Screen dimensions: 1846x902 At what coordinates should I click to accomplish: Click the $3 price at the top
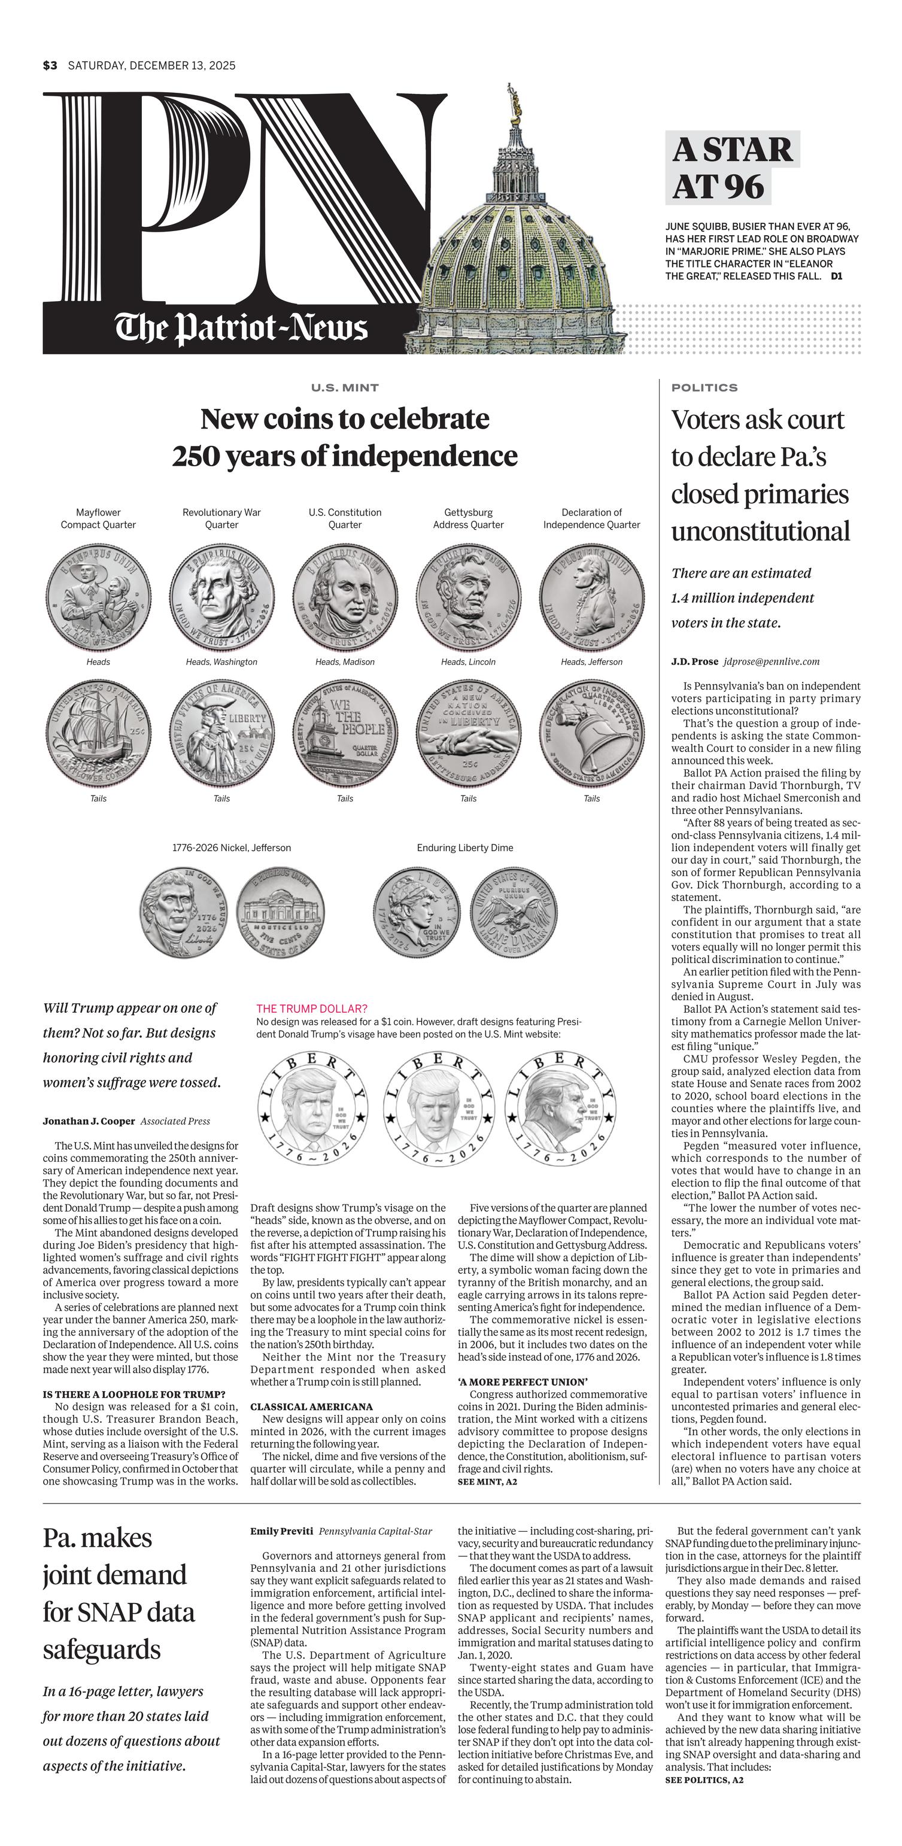click(50, 66)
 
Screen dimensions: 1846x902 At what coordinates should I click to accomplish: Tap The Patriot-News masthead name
click(241, 328)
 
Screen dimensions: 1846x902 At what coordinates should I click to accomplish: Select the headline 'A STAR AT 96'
click(731, 168)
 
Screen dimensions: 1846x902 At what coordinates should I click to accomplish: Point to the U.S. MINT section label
click(345, 388)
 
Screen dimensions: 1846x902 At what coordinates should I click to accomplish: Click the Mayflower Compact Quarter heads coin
click(98, 596)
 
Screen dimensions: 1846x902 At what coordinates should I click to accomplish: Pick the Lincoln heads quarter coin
click(469, 596)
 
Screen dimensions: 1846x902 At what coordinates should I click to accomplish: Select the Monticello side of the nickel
click(280, 912)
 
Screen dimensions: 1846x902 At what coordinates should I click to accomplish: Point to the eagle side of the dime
click(513, 912)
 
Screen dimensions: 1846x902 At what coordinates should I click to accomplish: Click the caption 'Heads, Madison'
click(345, 662)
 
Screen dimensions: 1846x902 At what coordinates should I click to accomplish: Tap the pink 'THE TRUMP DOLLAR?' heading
click(312, 1008)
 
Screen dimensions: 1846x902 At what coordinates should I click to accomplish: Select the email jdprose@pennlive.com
click(771, 661)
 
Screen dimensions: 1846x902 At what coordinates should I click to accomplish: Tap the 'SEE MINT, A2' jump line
click(487, 1481)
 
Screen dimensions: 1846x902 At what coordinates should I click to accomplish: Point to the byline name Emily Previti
click(281, 1531)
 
